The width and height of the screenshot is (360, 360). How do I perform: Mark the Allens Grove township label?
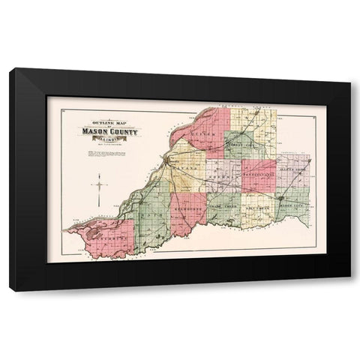click(291, 171)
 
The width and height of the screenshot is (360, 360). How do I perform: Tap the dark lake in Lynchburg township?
click(93, 234)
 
